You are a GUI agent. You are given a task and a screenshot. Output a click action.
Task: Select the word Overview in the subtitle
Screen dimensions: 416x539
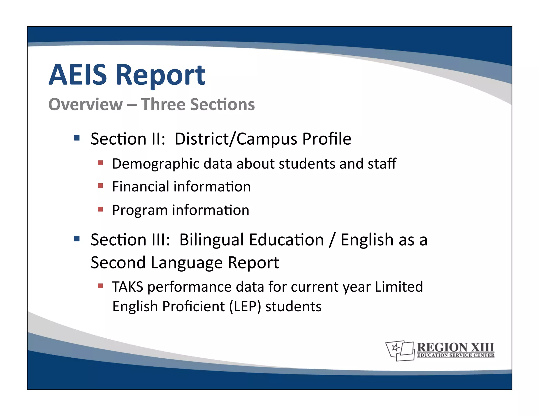(86, 104)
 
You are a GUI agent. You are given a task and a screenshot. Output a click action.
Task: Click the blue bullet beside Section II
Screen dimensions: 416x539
(77, 138)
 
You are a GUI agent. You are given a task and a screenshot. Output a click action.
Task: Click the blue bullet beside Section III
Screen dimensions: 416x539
(77, 239)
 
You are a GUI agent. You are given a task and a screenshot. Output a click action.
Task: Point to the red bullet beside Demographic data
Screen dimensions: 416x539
(100, 163)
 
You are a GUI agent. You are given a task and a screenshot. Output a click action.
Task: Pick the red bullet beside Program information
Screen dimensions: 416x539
(100, 209)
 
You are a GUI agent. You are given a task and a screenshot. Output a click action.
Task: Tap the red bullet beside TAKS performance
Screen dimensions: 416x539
(100, 286)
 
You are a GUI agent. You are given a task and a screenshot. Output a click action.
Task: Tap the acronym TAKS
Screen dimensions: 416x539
(128, 287)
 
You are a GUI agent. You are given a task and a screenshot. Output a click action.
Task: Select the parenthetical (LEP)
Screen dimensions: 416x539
(245, 307)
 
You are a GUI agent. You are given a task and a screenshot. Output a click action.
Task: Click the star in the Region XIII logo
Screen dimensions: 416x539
(395, 348)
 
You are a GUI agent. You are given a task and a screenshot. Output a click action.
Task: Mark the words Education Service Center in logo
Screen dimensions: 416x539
(456, 355)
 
